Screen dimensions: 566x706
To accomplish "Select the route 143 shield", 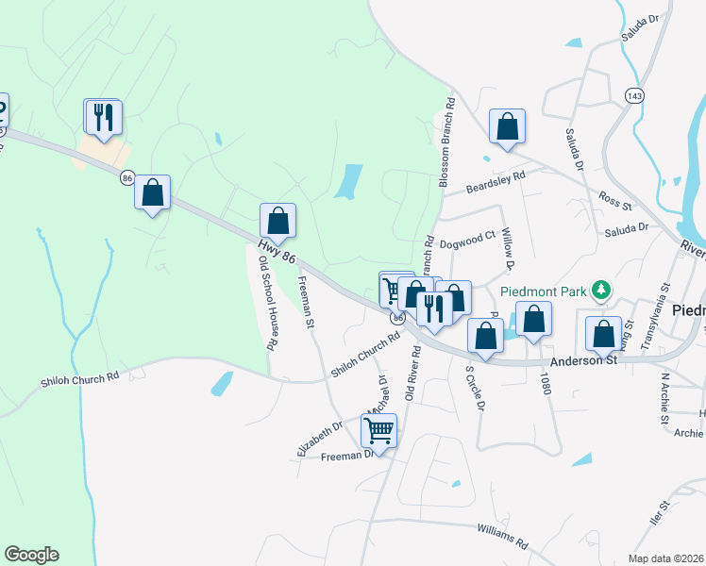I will pyautogui.click(x=634, y=96).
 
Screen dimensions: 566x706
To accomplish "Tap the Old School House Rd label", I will pyautogui.click(x=267, y=303).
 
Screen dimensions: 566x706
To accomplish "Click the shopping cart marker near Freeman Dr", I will pyautogui.click(x=379, y=430).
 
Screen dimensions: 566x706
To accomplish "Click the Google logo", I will pyautogui.click(x=31, y=555).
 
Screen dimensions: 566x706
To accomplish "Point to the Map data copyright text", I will pyautogui.click(x=665, y=558).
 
